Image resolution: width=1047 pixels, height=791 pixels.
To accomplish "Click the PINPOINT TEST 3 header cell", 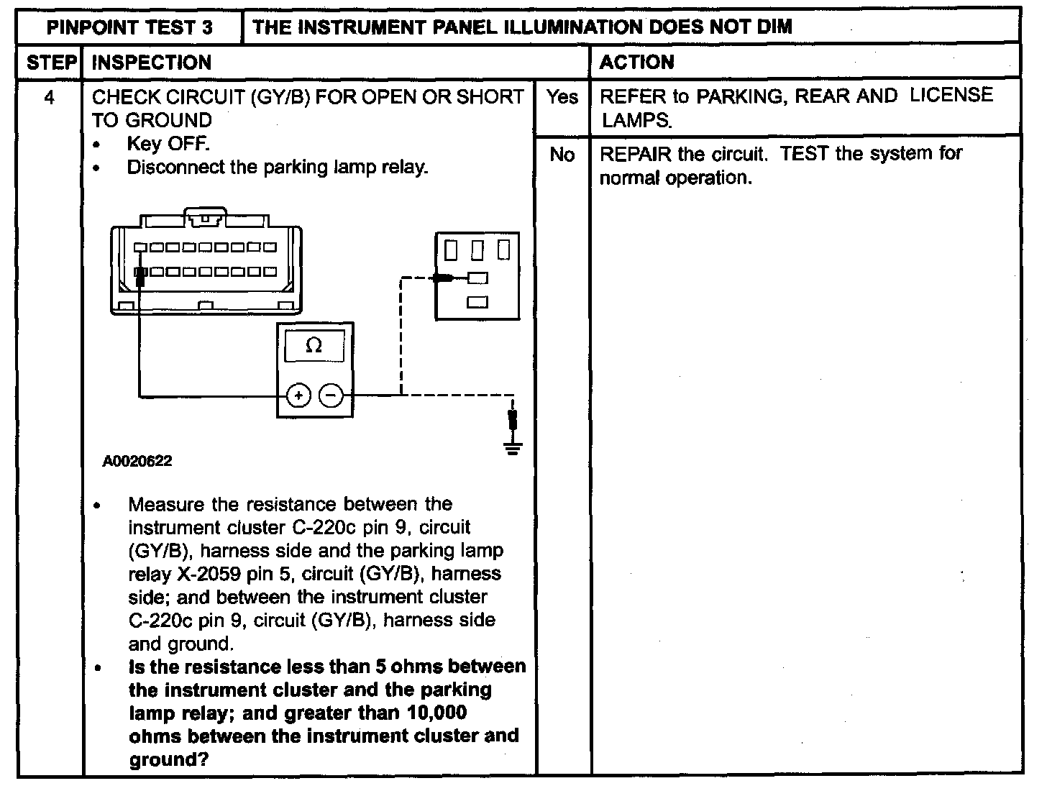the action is pyautogui.click(x=129, y=27).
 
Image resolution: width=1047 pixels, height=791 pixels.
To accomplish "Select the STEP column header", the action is pyautogui.click(x=52, y=63).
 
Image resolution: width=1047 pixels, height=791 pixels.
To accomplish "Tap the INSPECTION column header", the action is pyautogui.click(x=151, y=63).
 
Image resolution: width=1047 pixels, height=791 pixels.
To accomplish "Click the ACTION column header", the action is pyautogui.click(x=637, y=62).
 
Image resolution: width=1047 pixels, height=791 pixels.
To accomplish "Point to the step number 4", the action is pyautogui.click(x=49, y=98).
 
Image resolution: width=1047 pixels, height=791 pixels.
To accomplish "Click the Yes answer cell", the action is pyautogui.click(x=562, y=97).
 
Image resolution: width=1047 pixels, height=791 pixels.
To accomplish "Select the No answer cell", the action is pyautogui.click(x=562, y=155).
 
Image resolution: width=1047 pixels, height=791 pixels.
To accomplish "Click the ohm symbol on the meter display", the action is pyautogui.click(x=314, y=344).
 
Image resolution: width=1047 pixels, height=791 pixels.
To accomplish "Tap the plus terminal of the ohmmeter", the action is pyautogui.click(x=298, y=395).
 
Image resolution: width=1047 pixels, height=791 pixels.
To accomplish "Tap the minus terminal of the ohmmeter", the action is pyautogui.click(x=331, y=395).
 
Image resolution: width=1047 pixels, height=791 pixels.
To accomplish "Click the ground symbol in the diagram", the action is pyautogui.click(x=513, y=448).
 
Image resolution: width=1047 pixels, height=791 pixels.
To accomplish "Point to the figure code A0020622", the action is pyautogui.click(x=137, y=461).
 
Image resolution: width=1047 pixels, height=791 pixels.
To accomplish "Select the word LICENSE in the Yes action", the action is pyautogui.click(x=951, y=95).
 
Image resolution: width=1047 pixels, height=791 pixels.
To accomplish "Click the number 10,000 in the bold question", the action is pyautogui.click(x=436, y=713).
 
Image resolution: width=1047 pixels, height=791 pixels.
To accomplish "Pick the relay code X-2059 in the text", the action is pyautogui.click(x=209, y=574).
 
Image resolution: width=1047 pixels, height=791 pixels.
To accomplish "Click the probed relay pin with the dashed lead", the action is pyautogui.click(x=477, y=278).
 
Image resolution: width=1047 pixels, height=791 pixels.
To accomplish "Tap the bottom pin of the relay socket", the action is pyautogui.click(x=477, y=302).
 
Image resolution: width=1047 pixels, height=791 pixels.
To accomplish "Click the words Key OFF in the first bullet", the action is pyautogui.click(x=168, y=144).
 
